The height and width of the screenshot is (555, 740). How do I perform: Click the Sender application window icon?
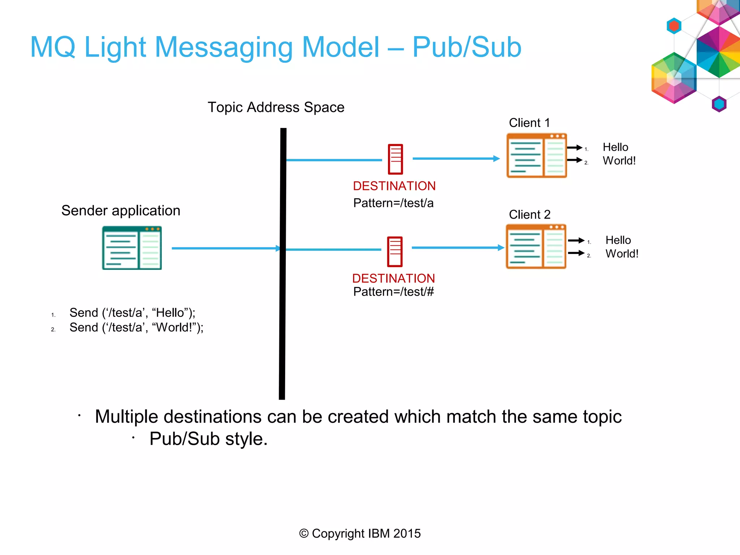tap(132, 248)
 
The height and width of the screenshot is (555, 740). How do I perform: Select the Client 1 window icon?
tap(537, 155)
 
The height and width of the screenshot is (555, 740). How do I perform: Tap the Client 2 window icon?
tap(536, 246)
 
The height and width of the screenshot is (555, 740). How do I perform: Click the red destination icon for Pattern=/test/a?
tap(395, 159)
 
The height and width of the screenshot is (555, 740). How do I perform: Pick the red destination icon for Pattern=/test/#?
tap(395, 251)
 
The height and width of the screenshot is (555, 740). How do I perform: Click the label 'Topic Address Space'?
tap(276, 107)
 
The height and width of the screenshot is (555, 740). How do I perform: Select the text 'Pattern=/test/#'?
tap(393, 292)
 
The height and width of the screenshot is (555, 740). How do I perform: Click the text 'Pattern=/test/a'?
tap(393, 203)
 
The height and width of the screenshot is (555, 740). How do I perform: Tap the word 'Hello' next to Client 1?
tap(615, 147)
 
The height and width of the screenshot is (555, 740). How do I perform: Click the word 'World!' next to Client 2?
tap(622, 254)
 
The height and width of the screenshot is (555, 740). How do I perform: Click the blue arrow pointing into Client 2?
tap(457, 248)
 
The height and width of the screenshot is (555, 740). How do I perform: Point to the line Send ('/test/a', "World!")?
tap(136, 327)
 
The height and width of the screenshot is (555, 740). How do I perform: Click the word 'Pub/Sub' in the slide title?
tap(466, 47)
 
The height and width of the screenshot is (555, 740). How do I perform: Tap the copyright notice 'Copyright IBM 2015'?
tap(360, 533)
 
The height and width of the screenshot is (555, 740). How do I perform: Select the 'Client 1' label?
tap(529, 123)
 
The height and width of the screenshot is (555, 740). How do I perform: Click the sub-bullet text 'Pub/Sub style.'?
tap(208, 439)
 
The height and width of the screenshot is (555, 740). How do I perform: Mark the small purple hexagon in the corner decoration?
tap(719, 104)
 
